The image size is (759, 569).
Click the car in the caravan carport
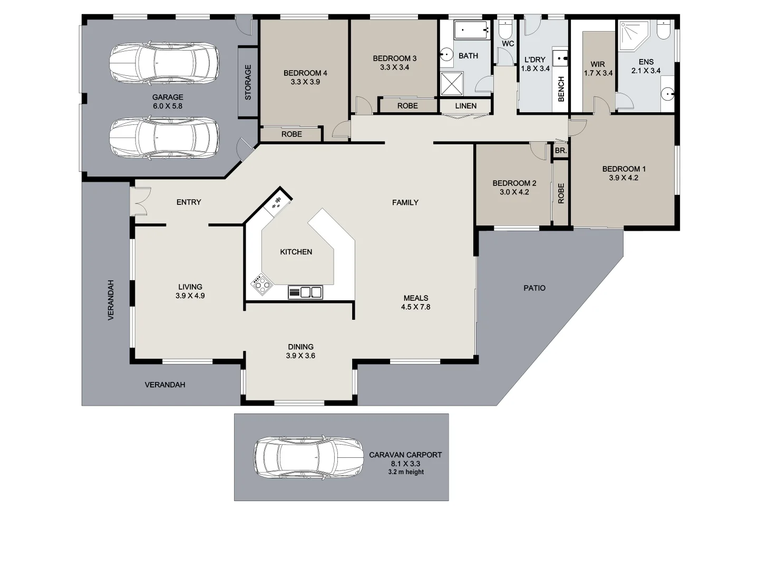pyautogui.click(x=308, y=457)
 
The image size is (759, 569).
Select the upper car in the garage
pyautogui.click(x=164, y=63)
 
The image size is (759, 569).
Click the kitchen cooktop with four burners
pyautogui.click(x=261, y=285)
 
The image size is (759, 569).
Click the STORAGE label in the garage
pyautogui.click(x=248, y=82)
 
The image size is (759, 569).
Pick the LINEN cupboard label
pyautogui.click(x=465, y=106)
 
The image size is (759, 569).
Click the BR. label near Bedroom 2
pyautogui.click(x=560, y=151)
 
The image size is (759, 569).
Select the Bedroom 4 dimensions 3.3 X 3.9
pyautogui.click(x=305, y=82)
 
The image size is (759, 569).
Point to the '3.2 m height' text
pyautogui.click(x=406, y=472)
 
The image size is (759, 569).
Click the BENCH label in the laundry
pyautogui.click(x=561, y=89)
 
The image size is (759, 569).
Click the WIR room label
pyautogui.click(x=598, y=64)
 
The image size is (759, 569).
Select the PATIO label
pyautogui.click(x=534, y=288)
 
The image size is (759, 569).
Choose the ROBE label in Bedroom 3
pyautogui.click(x=407, y=106)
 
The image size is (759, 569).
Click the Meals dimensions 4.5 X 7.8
pyautogui.click(x=415, y=307)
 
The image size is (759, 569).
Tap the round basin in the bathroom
pyautogui.click(x=446, y=54)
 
